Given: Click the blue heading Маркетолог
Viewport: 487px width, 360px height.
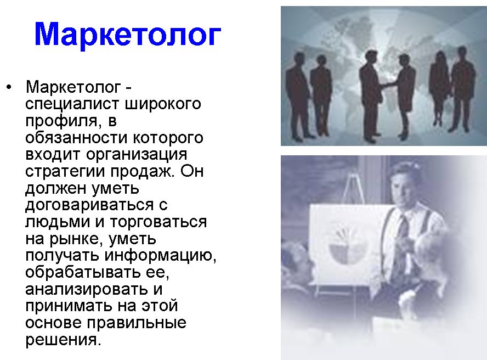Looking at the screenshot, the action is [127, 35].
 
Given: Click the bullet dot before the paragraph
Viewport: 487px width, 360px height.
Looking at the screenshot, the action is [9, 87].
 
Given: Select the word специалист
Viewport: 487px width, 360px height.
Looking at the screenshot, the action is [72, 104].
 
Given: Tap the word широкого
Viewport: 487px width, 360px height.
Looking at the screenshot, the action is [163, 104].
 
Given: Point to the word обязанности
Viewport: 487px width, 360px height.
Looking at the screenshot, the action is [76, 137].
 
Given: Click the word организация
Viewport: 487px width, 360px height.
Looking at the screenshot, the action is [137, 155].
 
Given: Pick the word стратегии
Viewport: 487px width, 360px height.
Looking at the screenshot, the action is [65, 172].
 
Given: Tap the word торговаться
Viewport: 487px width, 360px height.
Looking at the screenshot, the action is [158, 222].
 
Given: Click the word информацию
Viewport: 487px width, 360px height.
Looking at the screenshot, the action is [160, 256].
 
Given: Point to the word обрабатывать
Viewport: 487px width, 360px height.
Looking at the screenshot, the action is [83, 272].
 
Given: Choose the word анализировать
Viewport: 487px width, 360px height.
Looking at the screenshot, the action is [87, 289].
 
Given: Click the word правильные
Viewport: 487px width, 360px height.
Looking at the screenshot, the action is [137, 323].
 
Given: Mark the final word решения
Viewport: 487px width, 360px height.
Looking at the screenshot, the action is [64, 340].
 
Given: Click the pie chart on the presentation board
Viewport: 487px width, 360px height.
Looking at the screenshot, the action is [348, 246].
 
